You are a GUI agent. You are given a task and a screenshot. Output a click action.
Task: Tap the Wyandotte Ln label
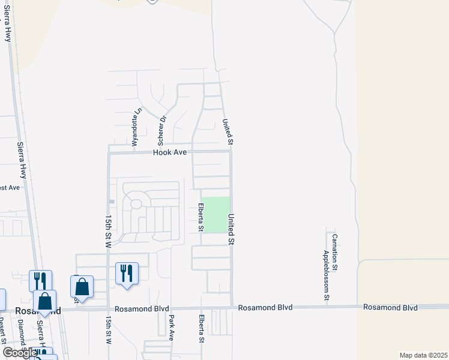pyautogui.click(x=137, y=127)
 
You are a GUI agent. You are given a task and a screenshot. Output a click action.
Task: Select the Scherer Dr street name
pyautogui.click(x=161, y=131)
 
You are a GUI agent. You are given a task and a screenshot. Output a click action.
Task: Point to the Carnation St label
pyautogui.click(x=336, y=251)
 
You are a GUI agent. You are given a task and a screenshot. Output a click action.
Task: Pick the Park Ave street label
pyautogui.click(x=171, y=328)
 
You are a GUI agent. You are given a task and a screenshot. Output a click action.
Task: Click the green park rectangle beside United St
pyautogui.click(x=215, y=215)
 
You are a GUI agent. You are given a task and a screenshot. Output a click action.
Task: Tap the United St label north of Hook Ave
pyautogui.click(x=228, y=131)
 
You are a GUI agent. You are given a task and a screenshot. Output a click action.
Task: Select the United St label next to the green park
pyautogui.click(x=230, y=229)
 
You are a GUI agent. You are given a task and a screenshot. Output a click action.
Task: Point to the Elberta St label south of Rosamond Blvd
pyautogui.click(x=201, y=329)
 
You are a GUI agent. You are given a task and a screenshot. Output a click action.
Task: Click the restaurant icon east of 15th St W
pyautogui.click(x=127, y=274)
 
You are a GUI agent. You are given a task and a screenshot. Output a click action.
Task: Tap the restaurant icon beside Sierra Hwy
pyautogui.click(x=40, y=281)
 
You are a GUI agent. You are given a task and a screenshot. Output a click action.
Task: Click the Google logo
pyautogui.click(x=19, y=353)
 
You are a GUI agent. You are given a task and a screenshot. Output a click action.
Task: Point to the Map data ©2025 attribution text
pyautogui.click(x=423, y=355)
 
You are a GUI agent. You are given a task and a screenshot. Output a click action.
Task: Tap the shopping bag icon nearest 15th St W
pyautogui.click(x=82, y=287)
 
